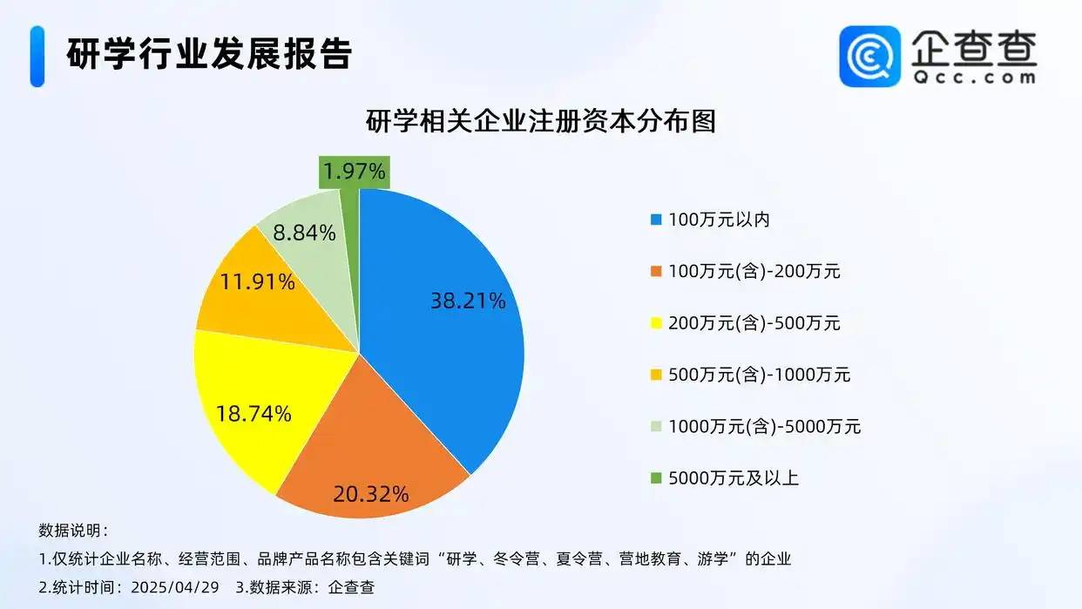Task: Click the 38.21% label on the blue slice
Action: [468, 301]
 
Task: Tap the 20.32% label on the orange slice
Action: [371, 494]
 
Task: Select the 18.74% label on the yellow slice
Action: [254, 414]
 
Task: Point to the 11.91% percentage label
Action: [258, 281]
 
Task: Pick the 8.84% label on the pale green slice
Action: [304, 233]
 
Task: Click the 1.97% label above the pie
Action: [354, 172]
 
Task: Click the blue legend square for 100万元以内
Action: [656, 220]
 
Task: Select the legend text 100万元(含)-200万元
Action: [754, 272]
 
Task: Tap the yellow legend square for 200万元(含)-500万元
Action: [656, 323]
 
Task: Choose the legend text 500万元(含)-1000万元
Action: [760, 375]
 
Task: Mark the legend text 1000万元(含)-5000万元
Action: [765, 426]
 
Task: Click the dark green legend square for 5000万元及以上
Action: [656, 478]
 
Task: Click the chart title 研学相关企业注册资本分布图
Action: [540, 121]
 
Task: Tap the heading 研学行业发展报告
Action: [209, 54]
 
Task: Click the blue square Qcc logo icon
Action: [870, 56]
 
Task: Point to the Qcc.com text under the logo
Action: [974, 78]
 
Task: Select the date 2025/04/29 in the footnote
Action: [175, 587]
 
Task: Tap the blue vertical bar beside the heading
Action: [37, 57]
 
